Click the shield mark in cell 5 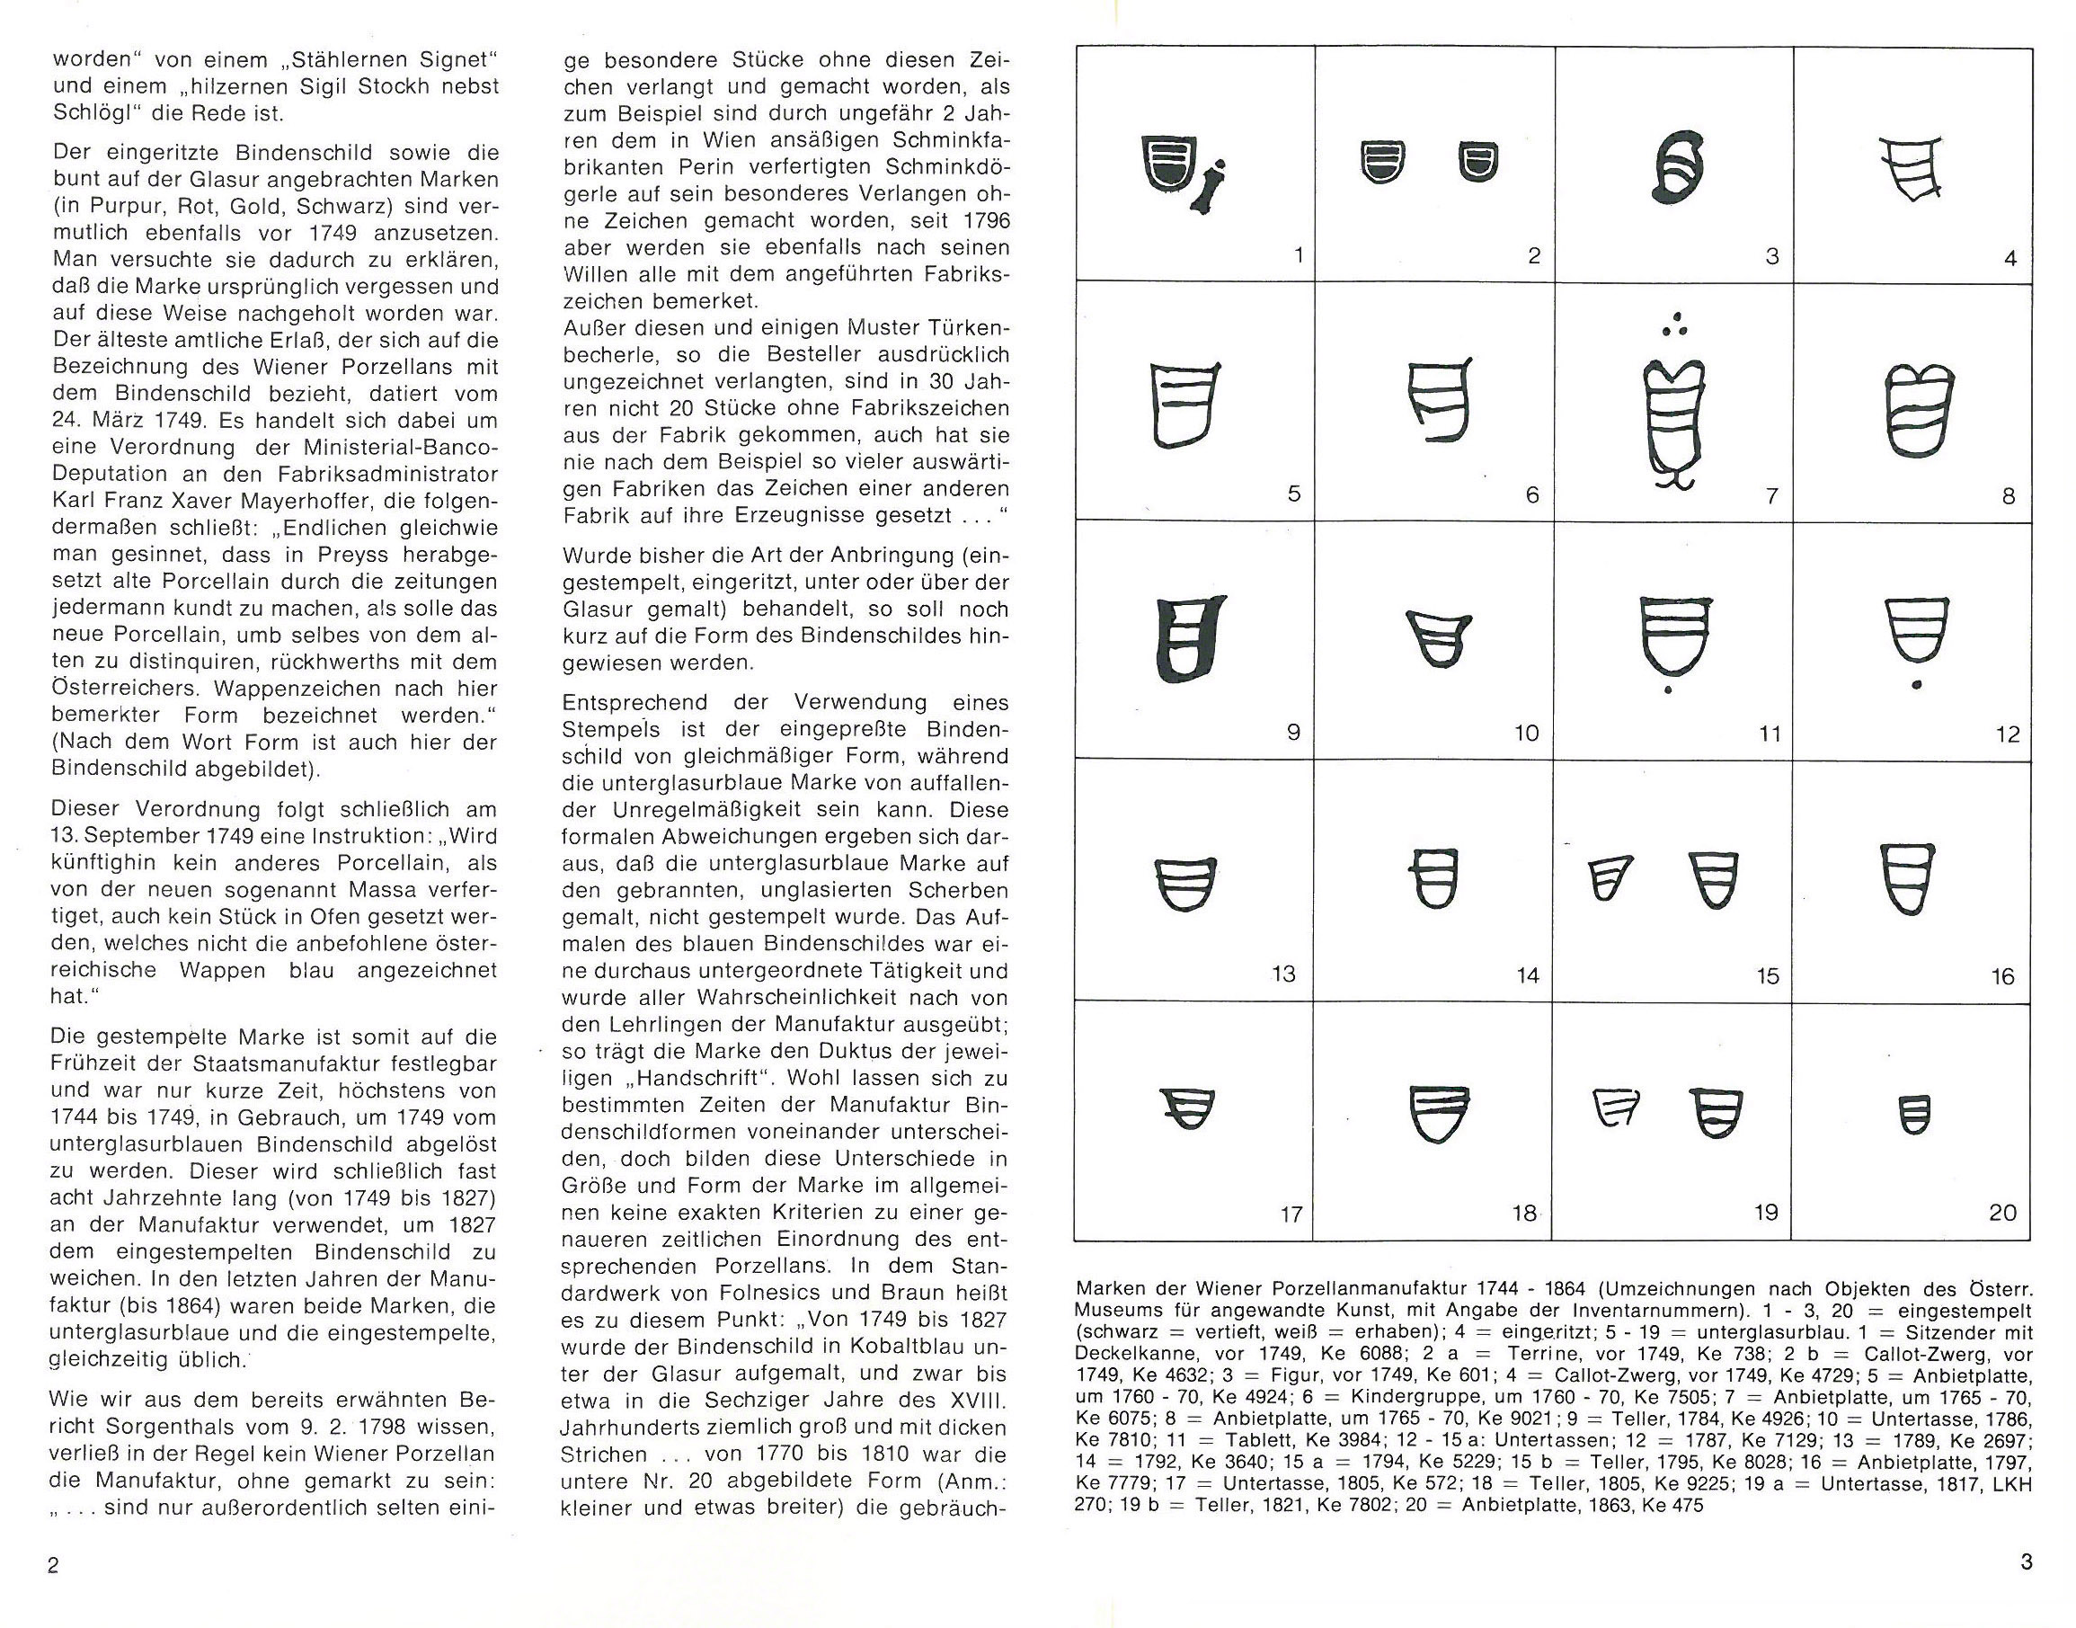tap(1185, 405)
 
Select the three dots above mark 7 tap(1675, 325)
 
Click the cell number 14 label tap(1527, 975)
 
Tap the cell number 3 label tap(1771, 256)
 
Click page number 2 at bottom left tap(53, 1565)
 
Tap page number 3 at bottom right tap(2026, 1561)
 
